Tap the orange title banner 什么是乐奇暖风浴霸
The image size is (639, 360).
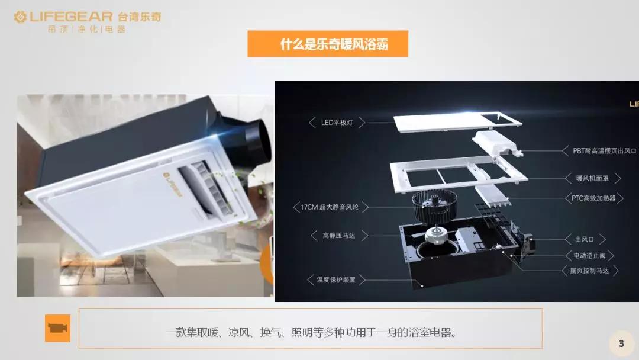pyautogui.click(x=328, y=44)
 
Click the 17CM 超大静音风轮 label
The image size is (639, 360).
pyautogui.click(x=330, y=207)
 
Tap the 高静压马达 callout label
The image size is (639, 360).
pyautogui.click(x=339, y=236)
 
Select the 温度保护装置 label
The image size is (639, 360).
pyautogui.click(x=336, y=279)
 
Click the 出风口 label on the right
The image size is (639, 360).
pyautogui.click(x=584, y=239)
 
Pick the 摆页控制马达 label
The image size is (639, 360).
pyautogui.click(x=590, y=271)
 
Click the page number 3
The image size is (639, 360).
pyautogui.click(x=621, y=343)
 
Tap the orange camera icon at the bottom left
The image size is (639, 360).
pyautogui.click(x=57, y=328)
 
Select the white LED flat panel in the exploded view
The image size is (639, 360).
pyautogui.click(x=457, y=122)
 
